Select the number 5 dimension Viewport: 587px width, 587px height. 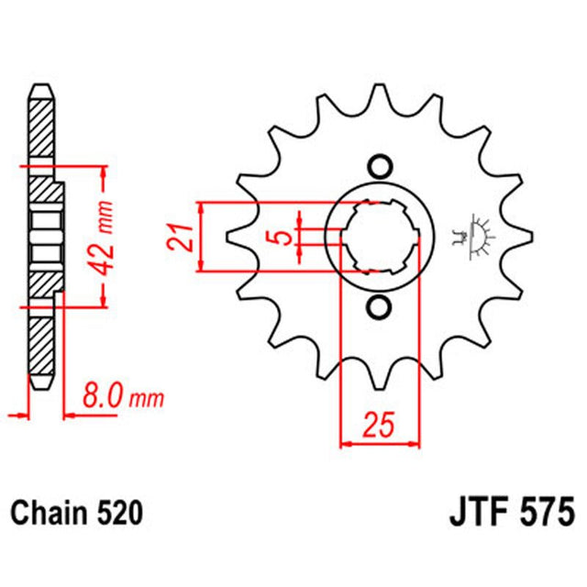pyautogui.click(x=284, y=237)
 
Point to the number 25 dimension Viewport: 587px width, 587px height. pyautogui.click(x=378, y=426)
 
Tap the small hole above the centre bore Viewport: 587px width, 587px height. pyautogui.click(x=378, y=165)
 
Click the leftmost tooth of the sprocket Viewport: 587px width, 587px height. pyautogui.click(x=237, y=237)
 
